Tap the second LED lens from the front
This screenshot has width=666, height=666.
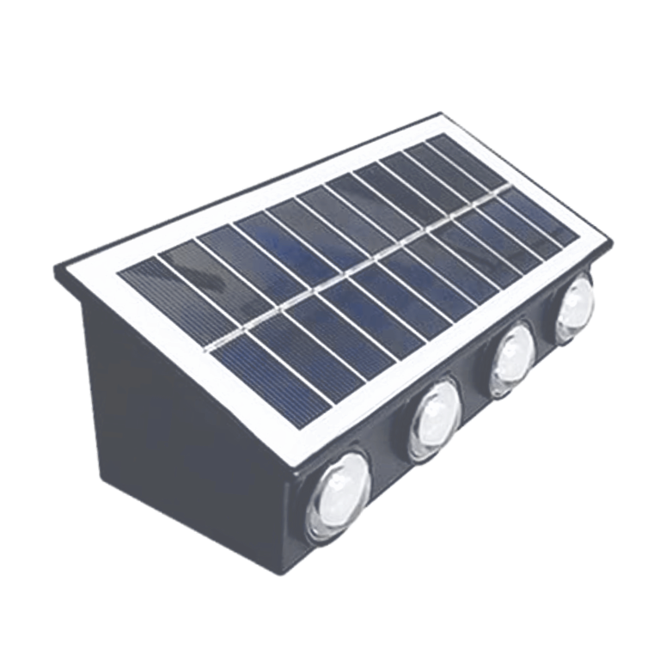point(434,419)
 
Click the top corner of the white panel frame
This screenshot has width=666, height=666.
point(440,117)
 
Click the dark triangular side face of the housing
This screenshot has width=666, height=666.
point(163,404)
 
